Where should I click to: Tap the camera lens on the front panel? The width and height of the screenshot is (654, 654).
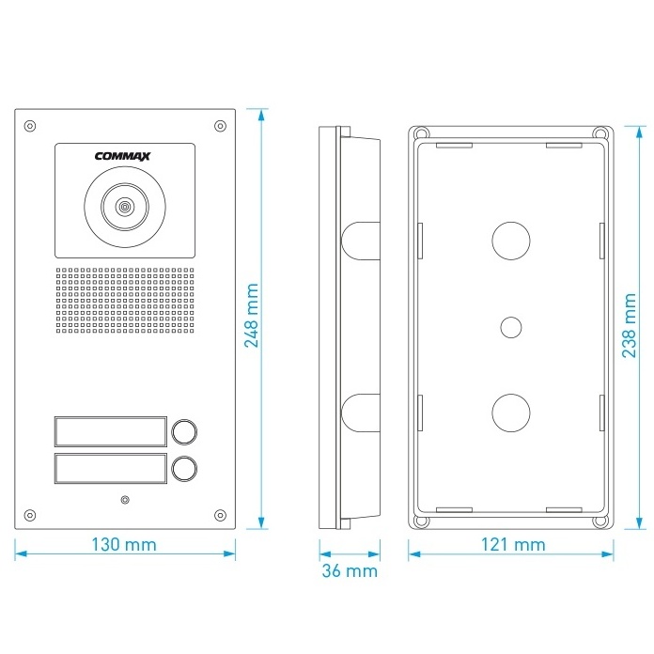coord(123,206)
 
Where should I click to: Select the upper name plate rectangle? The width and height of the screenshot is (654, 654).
coord(110,431)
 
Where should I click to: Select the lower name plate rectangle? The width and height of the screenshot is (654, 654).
coord(110,468)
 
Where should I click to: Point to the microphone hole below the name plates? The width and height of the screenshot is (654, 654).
coord(124,499)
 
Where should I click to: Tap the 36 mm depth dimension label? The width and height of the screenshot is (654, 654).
coord(349,570)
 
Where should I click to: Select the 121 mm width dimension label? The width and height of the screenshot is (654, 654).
coord(512,544)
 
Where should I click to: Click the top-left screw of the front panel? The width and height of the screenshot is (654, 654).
coord(30,125)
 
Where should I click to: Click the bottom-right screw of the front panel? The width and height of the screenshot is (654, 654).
coord(220,514)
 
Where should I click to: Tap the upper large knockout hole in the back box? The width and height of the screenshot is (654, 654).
coord(511,240)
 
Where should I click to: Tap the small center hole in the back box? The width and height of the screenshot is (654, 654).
coord(511,327)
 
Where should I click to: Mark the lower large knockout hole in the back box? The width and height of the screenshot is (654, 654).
coord(511,411)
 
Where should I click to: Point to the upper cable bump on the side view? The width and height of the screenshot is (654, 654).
coord(361,240)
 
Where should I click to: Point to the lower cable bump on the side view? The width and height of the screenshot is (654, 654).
coord(361,412)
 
